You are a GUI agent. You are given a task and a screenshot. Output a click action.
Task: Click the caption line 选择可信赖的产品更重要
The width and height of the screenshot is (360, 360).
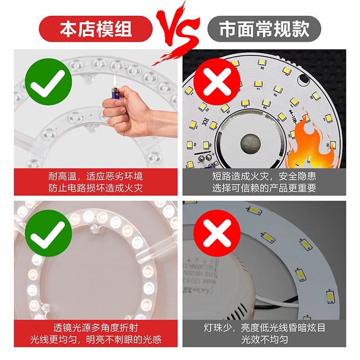pyautogui.click(x=264, y=188)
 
